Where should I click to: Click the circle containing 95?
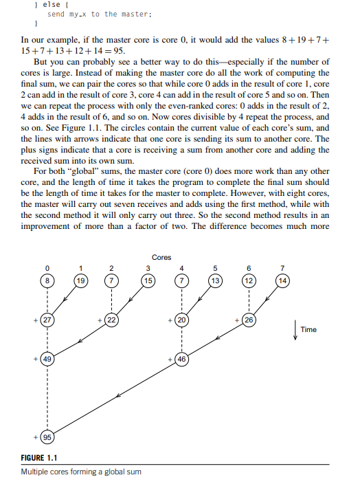click(47, 438)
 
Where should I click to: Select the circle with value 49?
click(47, 359)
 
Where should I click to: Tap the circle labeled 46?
click(182, 359)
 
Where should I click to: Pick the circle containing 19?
click(81, 280)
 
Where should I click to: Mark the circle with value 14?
click(282, 280)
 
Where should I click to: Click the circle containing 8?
click(47, 280)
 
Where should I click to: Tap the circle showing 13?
click(215, 280)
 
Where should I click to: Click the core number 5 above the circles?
click(215, 267)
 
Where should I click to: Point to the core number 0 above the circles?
click(47, 267)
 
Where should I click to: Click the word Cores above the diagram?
click(162, 257)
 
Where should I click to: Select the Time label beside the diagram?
click(308, 330)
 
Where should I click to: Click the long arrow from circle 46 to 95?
click(117, 397)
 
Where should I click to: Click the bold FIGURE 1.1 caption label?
click(40, 459)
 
